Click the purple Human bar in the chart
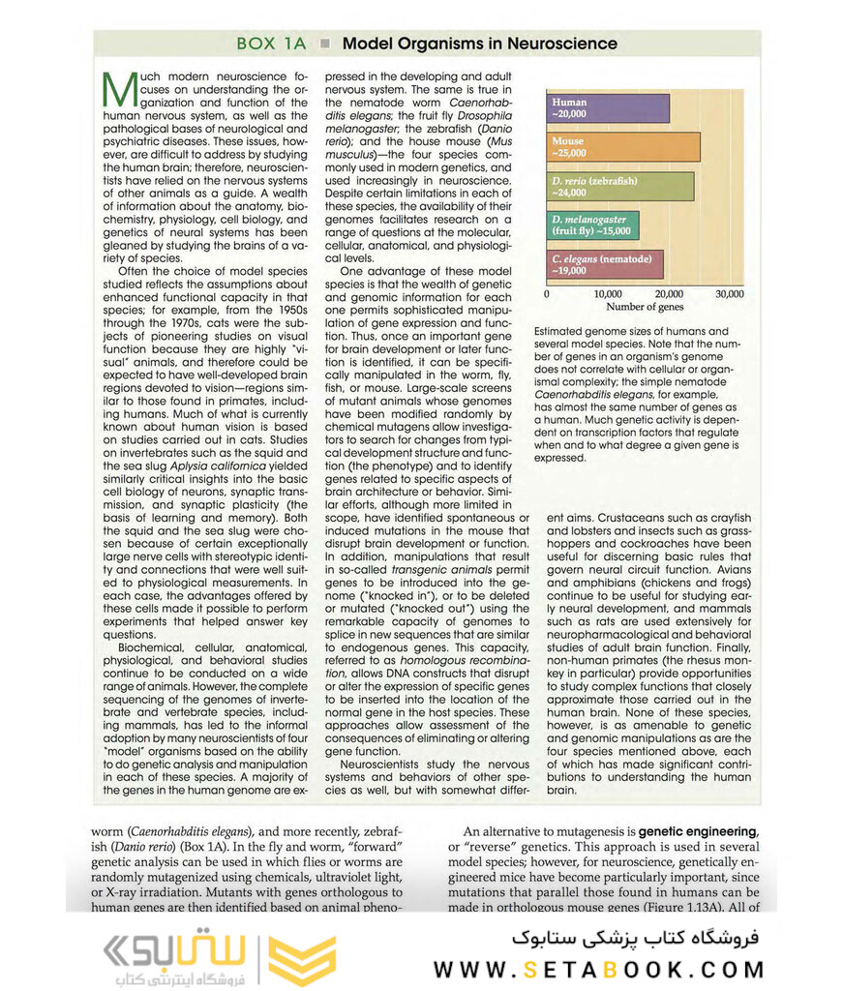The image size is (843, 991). click(x=609, y=107)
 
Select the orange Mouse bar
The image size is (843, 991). click(x=623, y=146)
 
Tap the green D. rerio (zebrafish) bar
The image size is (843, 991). click(x=620, y=186)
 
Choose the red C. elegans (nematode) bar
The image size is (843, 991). click(x=606, y=264)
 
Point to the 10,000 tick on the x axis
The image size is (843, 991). click(x=608, y=293)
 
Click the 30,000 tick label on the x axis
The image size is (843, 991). click(x=729, y=293)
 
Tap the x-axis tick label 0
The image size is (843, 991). click(x=547, y=293)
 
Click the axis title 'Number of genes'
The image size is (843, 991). click(x=644, y=307)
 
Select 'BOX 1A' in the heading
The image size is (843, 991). click(x=272, y=44)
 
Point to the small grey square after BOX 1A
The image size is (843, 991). click(x=325, y=44)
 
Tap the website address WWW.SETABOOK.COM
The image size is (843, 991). click(x=597, y=969)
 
